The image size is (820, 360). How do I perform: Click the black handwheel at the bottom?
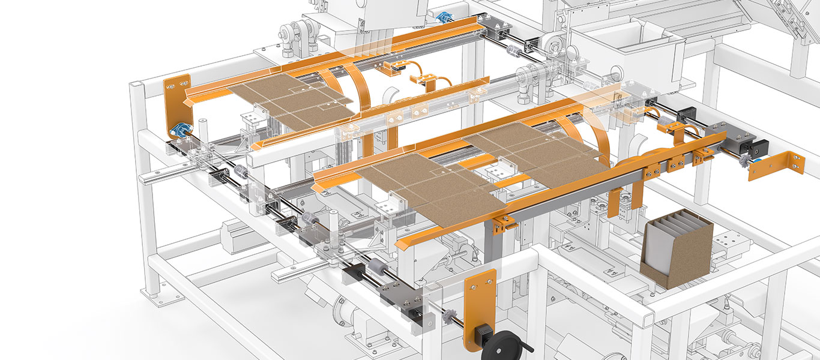click(503, 341)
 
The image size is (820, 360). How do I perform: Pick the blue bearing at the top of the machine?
click(445, 17)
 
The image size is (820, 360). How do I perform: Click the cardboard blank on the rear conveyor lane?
click(291, 101)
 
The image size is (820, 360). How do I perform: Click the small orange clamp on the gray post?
click(503, 223)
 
